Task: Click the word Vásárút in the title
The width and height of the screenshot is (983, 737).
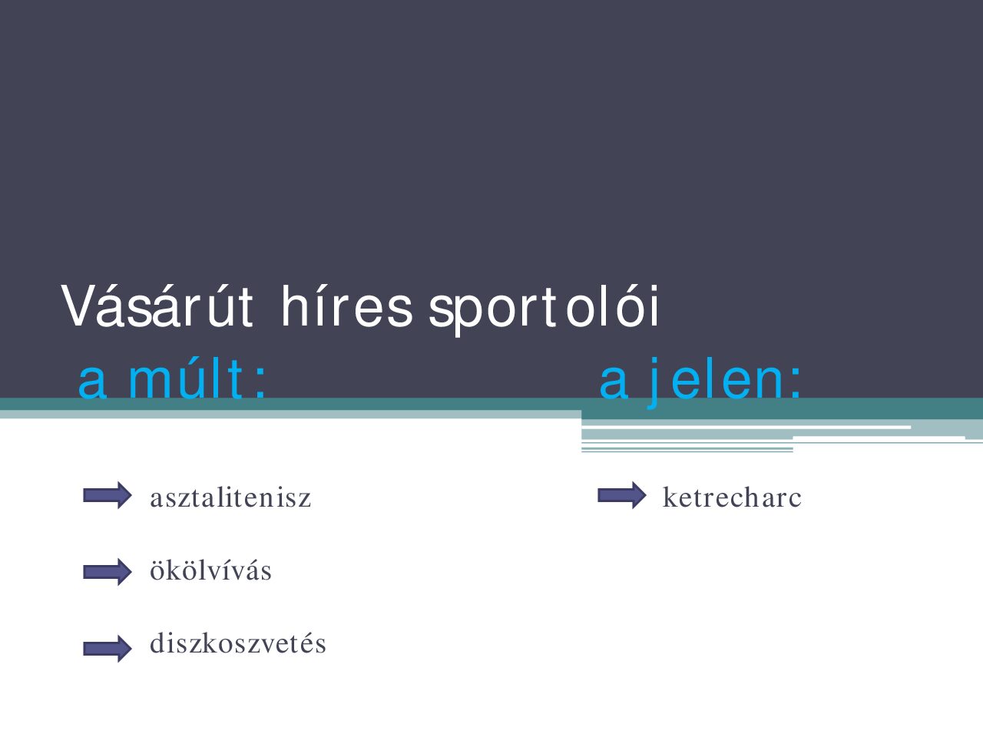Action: (157, 307)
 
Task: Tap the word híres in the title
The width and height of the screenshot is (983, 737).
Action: (346, 307)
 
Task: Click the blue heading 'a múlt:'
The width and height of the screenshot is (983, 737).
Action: (173, 379)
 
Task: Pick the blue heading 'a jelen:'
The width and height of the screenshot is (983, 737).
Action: (700, 379)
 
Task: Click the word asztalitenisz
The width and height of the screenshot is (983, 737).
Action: (230, 497)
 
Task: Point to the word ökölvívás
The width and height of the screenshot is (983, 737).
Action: (210, 570)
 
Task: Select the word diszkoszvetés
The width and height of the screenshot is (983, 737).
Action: (238, 643)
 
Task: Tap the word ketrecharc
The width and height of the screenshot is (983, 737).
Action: (732, 497)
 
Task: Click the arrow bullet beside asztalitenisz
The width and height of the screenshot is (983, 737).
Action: (108, 496)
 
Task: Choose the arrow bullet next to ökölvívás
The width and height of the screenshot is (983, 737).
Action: (108, 572)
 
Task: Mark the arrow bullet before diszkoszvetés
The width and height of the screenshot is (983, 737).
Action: (108, 649)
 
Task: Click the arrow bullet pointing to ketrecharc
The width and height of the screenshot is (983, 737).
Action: (622, 496)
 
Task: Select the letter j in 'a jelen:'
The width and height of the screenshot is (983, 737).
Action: (654, 381)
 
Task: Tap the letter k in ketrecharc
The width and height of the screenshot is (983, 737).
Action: (669, 497)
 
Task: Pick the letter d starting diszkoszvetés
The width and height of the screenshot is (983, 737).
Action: (157, 643)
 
